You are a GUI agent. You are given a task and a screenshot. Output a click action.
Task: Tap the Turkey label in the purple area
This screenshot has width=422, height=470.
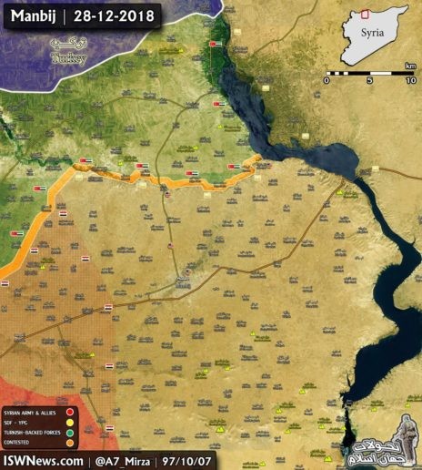(69, 56)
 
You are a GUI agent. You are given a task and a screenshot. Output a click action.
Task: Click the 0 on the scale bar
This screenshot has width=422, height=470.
(327, 80)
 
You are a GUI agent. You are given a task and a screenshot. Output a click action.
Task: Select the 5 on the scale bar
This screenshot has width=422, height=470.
(370, 80)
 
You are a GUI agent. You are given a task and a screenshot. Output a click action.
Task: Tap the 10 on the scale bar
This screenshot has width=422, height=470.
(411, 80)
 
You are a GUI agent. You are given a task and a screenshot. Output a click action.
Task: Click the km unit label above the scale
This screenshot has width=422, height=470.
(411, 65)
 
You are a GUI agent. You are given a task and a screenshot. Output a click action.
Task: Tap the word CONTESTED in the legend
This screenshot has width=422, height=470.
(20, 443)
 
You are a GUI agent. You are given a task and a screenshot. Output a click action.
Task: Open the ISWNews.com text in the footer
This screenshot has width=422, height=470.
(41, 460)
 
